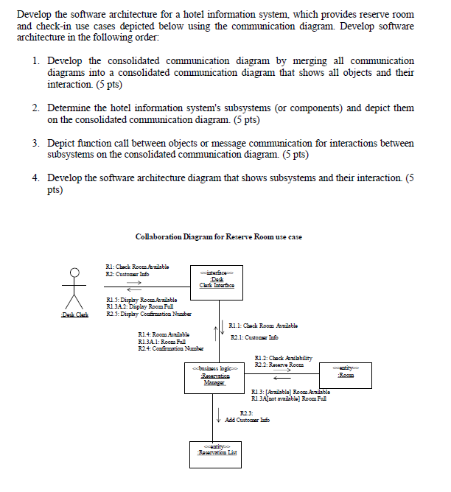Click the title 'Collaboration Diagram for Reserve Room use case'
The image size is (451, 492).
(219, 236)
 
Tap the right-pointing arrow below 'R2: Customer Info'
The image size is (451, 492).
(133, 281)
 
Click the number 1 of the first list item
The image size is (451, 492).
(36, 60)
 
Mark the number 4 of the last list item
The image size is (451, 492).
(36, 178)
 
